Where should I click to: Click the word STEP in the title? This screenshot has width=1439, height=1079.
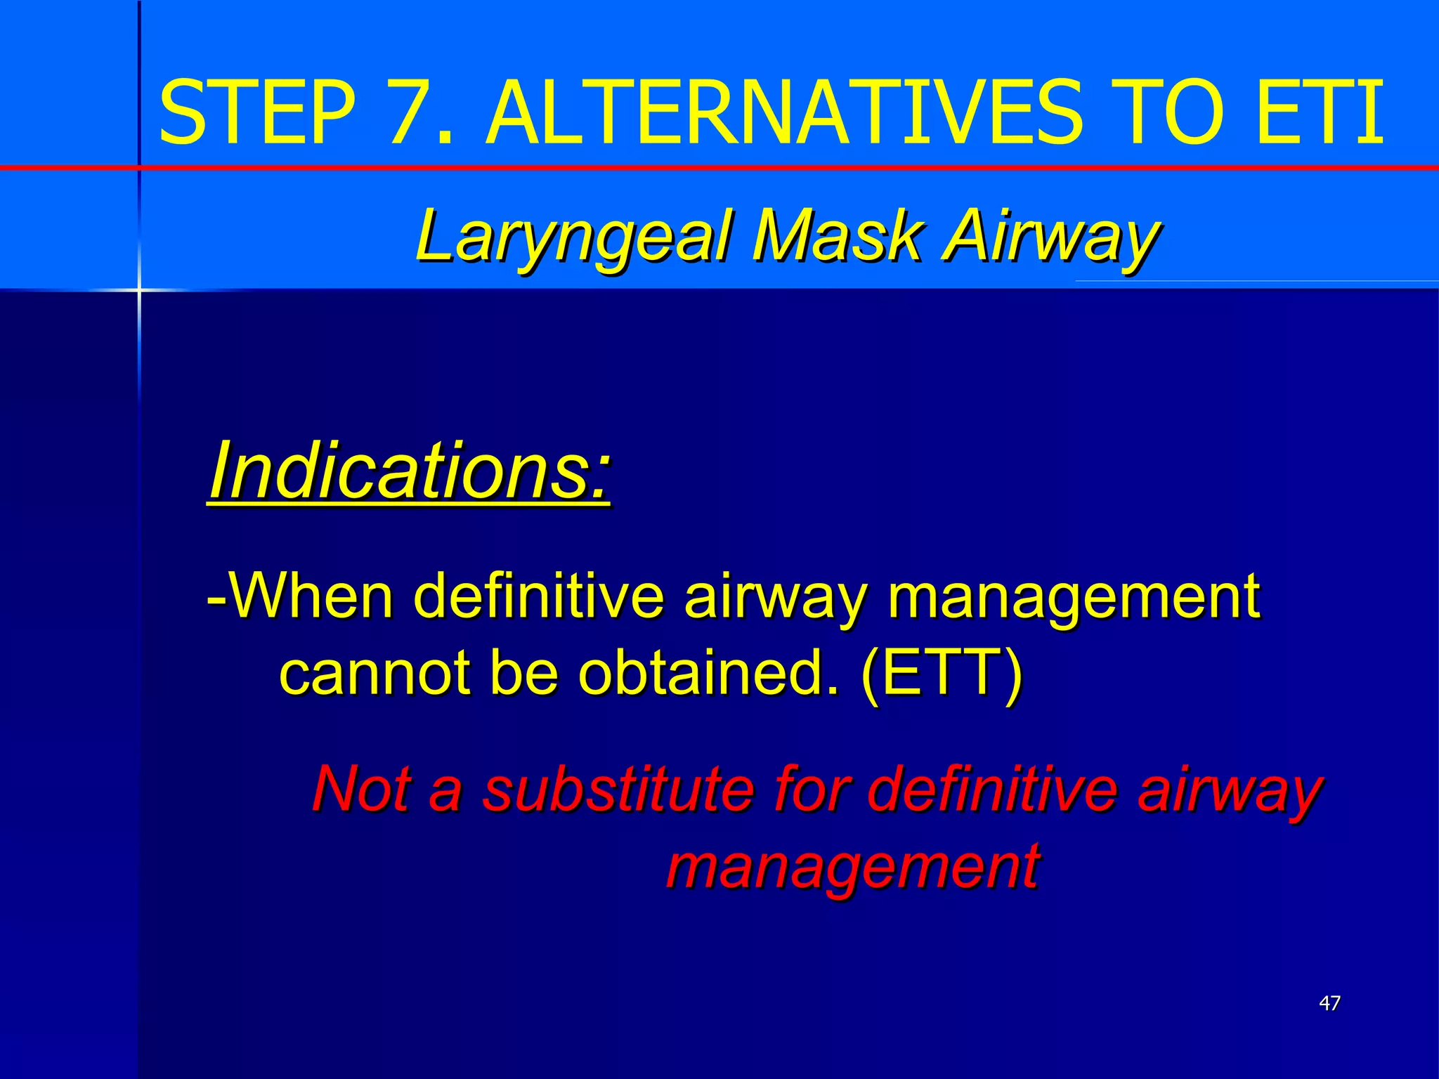(x=258, y=112)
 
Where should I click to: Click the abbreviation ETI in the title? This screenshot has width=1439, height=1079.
(x=1320, y=112)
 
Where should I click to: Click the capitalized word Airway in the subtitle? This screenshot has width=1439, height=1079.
(x=1050, y=237)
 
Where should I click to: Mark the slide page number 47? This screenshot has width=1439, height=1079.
(x=1329, y=1002)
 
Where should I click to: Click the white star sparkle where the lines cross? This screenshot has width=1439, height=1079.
(x=139, y=289)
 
